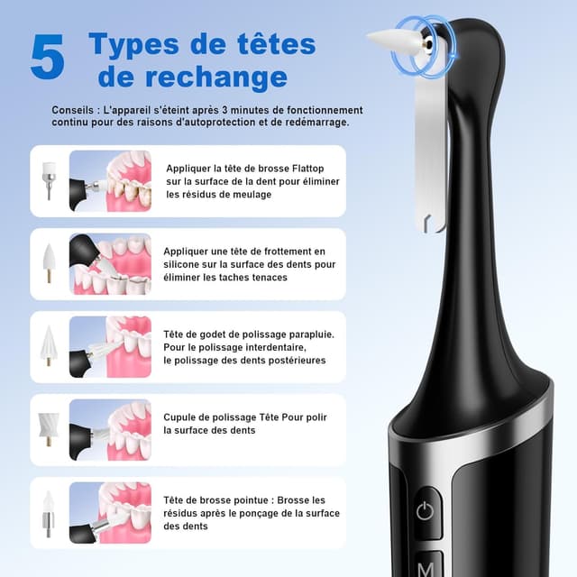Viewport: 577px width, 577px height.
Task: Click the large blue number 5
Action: point(47,58)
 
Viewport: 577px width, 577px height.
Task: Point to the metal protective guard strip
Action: point(430,153)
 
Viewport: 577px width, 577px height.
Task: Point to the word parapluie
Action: point(307,334)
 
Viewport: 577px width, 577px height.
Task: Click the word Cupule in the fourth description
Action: point(184,417)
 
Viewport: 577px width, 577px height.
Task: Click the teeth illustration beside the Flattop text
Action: point(110,180)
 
